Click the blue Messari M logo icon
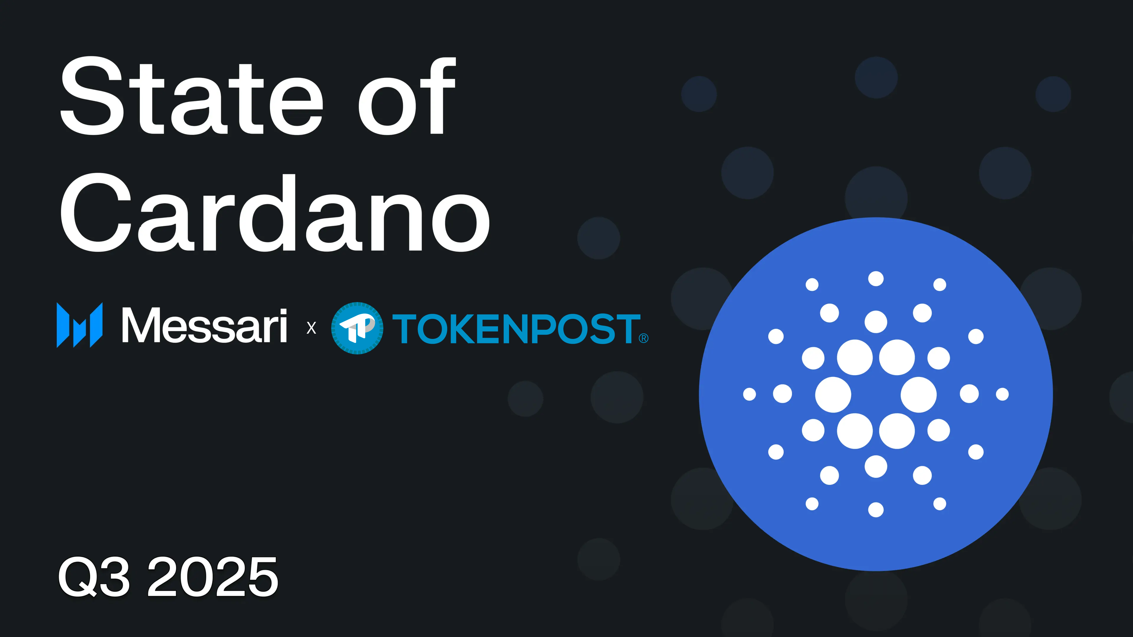80,325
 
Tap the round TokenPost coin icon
357,328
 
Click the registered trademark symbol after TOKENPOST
644,338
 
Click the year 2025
212,576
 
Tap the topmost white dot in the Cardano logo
876,279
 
